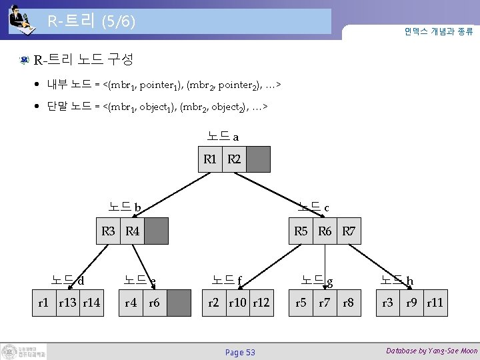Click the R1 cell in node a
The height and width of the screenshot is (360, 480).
pyautogui.click(x=210, y=159)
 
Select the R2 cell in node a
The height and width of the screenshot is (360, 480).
pyautogui.click(x=234, y=159)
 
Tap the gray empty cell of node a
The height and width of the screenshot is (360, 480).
pyautogui.click(x=259, y=159)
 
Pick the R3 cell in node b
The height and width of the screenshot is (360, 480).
pyautogui.click(x=109, y=231)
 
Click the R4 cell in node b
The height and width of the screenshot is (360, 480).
pyautogui.click(x=132, y=231)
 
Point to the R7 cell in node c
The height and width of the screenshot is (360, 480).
pyautogui.click(x=349, y=231)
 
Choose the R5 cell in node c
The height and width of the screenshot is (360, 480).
pyautogui.click(x=301, y=231)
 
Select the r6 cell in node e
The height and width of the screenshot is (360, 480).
pyautogui.click(x=154, y=303)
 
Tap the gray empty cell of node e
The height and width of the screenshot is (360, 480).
pyautogui.click(x=179, y=303)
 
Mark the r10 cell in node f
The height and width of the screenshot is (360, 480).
pyautogui.click(x=237, y=303)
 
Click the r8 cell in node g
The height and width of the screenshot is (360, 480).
pyautogui.click(x=348, y=303)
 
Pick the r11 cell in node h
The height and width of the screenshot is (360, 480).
pyautogui.click(x=435, y=303)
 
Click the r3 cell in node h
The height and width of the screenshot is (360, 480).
pyautogui.click(x=387, y=303)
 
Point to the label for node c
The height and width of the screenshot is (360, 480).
pyautogui.click(x=313, y=207)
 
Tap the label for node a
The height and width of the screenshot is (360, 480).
pyautogui.click(x=223, y=137)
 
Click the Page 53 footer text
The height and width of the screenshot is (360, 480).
pyautogui.click(x=240, y=352)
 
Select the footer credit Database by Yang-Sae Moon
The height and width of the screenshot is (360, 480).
pyautogui.click(x=432, y=351)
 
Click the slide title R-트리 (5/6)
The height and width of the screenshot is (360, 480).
pyautogui.click(x=91, y=22)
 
